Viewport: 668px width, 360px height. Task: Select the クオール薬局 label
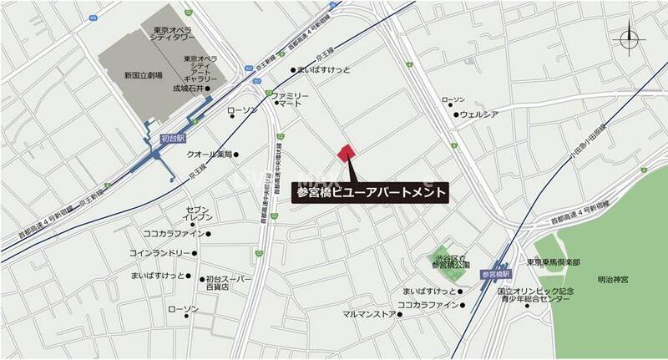tap(208, 155)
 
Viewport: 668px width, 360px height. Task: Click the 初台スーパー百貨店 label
tap(229, 282)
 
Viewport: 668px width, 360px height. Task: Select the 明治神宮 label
tap(614, 280)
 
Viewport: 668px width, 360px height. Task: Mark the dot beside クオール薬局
tap(238, 155)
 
